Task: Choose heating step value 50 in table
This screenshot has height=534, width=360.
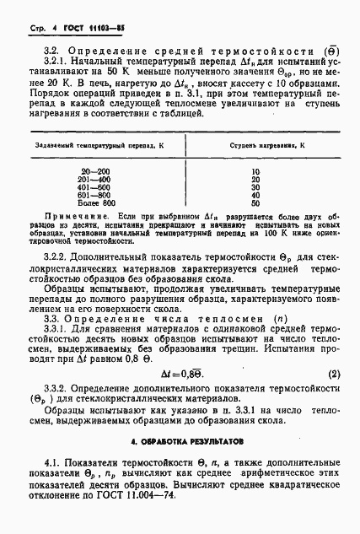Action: click(255, 203)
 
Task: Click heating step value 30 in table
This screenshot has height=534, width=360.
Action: click(255, 187)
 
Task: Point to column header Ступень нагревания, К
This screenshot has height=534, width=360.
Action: click(255, 145)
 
